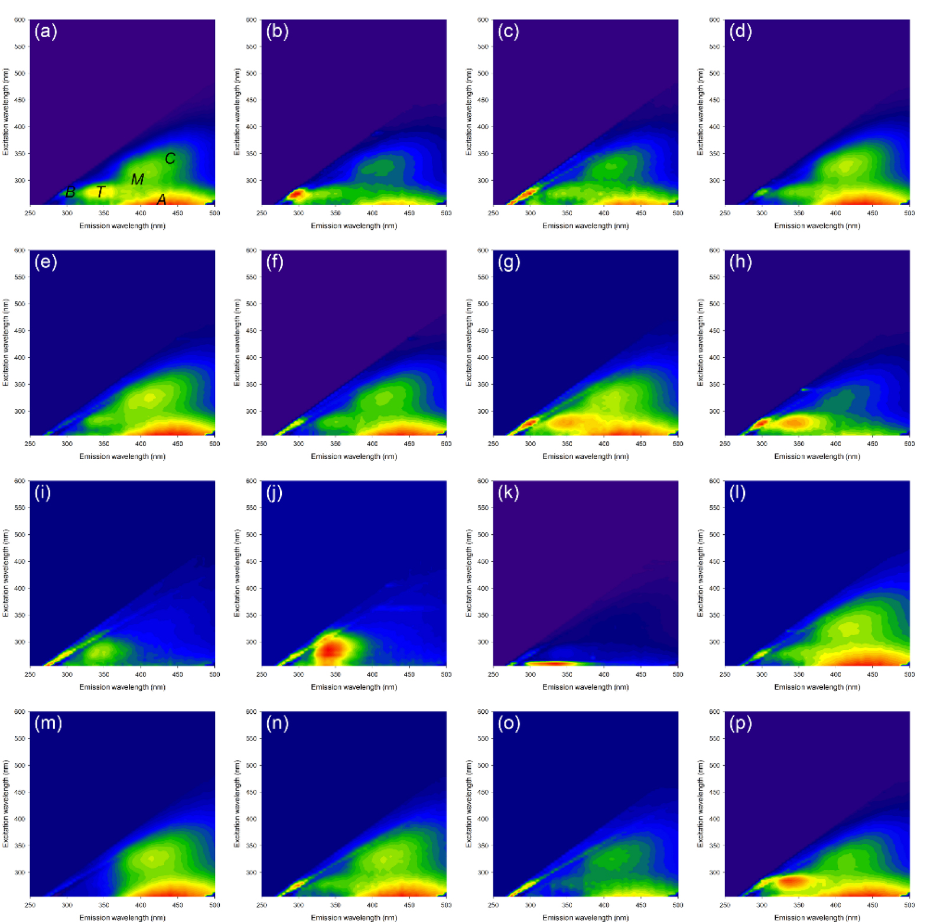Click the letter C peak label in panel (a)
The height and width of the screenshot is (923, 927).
click(170, 158)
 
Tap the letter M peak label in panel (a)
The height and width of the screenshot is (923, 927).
click(137, 179)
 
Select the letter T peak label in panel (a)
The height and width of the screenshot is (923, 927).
click(100, 192)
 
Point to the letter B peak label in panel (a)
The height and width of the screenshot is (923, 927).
click(70, 192)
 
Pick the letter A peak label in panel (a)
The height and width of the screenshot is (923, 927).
click(161, 200)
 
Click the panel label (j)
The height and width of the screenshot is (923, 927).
click(274, 493)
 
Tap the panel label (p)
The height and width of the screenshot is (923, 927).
click(740, 723)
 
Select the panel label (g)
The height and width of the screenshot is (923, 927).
click(509, 262)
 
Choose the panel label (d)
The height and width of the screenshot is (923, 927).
click(740, 31)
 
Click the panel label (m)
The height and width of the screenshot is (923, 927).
click(48, 723)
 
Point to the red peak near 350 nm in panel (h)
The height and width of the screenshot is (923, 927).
click(796, 422)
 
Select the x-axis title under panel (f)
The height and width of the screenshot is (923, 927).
click(354, 456)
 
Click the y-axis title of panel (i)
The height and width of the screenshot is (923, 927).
click(5, 573)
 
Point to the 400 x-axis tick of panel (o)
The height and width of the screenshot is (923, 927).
click(604, 905)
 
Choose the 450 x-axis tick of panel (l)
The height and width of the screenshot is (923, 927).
click(872, 674)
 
